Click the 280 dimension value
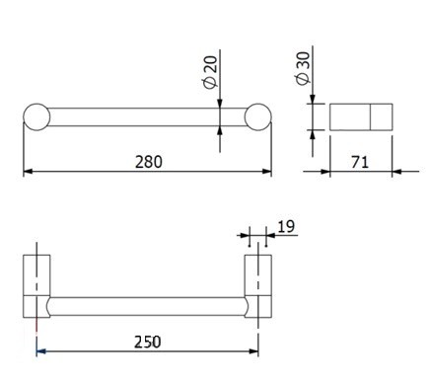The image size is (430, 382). point(147,161)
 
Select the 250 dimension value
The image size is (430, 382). point(147,342)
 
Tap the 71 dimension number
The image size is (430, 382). point(360,161)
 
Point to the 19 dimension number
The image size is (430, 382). point(286,227)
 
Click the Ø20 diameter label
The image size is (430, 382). point(209,73)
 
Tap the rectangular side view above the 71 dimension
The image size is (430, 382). point(360,117)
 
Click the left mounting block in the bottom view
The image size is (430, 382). point(36,286)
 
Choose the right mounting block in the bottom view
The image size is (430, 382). point(257,286)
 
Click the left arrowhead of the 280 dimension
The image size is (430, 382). point(28,172)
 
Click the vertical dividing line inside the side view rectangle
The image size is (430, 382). point(369,117)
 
